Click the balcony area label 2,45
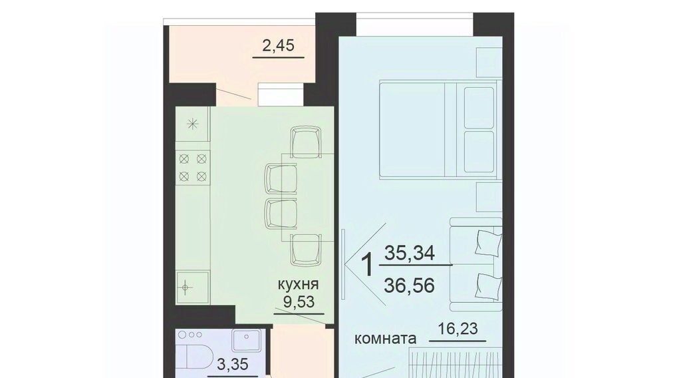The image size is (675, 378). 278,45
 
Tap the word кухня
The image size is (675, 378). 299,284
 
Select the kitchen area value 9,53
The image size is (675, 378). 299,302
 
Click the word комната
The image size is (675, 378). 385,339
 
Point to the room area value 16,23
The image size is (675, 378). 458,329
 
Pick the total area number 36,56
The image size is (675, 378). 409,285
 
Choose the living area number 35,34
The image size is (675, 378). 410,253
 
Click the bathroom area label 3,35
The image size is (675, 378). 233,365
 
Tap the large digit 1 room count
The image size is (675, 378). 367,265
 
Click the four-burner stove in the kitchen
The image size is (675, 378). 192,167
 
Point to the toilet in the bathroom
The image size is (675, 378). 197,361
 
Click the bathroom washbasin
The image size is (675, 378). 246,341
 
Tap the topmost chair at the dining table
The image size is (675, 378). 306,142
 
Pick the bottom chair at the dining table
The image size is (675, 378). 306,249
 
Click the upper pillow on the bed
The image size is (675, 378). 479,107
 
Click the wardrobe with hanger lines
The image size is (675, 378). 455,365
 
